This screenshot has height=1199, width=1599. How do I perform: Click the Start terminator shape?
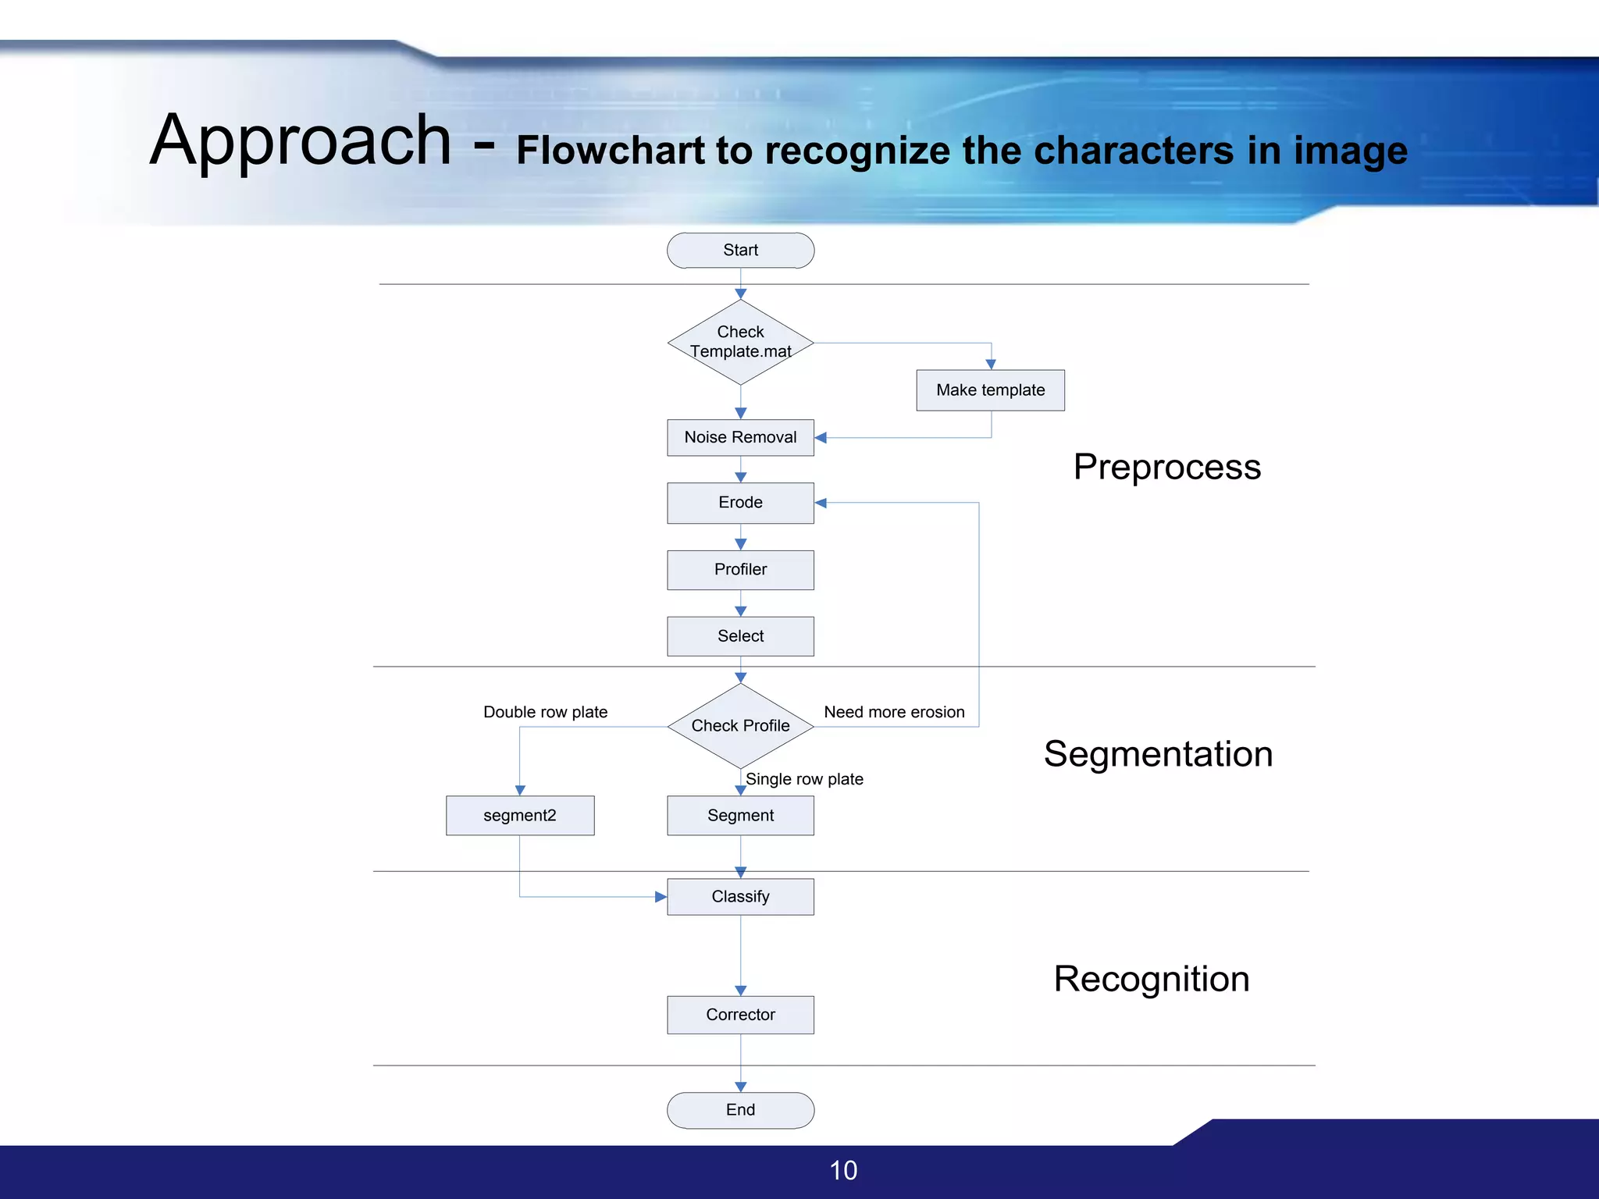740,251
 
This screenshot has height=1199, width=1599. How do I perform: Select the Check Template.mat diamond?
740,342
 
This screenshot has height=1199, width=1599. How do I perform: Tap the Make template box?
990,390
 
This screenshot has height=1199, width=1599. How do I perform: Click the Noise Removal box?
740,437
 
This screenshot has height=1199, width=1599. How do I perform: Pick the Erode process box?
740,502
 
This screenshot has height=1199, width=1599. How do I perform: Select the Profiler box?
740,569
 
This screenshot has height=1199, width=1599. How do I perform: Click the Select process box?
740,636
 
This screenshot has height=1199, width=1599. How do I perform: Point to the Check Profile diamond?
740,726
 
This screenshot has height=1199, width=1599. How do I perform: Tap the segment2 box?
520,815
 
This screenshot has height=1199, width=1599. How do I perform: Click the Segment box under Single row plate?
740,815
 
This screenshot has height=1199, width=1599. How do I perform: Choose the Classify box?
740,896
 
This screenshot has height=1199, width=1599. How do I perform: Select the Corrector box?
740,1014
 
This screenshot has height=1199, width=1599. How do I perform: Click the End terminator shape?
740,1109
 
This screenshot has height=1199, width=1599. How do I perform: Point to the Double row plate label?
545,712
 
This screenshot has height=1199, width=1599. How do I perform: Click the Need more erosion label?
894,712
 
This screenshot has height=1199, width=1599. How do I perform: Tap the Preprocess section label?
1166,467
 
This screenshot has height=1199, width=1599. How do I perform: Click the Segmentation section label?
1158,754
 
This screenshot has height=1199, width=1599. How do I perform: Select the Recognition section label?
1152,979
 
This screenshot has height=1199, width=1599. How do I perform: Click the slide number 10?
843,1170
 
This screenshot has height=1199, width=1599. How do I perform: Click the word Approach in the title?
301,141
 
